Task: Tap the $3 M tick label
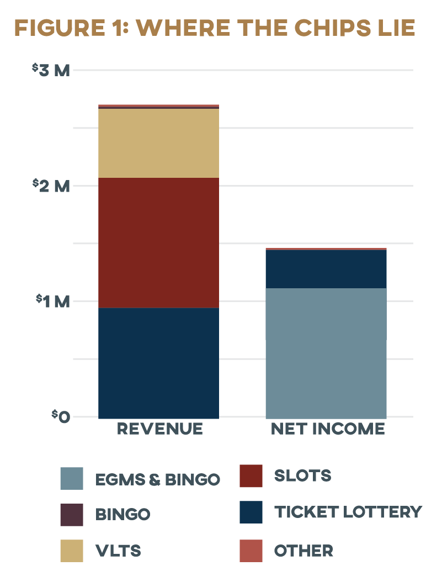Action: pos(51,70)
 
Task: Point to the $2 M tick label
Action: pos(51,186)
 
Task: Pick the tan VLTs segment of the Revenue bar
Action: pos(158,143)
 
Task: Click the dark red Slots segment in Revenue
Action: pos(158,242)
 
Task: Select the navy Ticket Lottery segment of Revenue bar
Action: pos(158,362)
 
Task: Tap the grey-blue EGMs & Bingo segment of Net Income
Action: pos(326,352)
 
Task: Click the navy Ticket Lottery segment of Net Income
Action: pos(326,269)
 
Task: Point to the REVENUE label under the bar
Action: pos(159,429)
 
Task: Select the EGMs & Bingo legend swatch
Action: pos(72,479)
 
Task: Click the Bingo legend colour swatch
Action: pos(72,515)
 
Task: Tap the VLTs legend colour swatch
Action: pos(72,551)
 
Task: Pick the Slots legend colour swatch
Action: pos(251,476)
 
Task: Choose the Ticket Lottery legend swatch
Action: pos(251,512)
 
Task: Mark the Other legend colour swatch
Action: pos(251,551)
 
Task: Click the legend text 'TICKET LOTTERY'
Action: pos(348,512)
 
